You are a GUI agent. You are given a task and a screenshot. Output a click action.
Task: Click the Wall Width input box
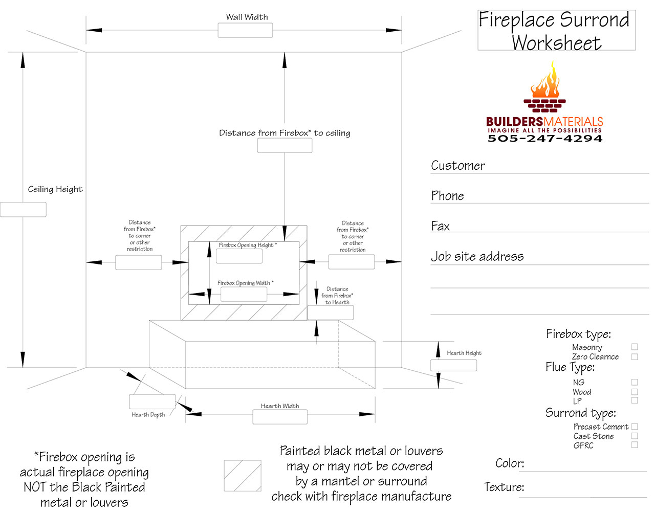(245, 30)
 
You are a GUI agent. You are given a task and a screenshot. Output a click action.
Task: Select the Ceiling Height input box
(23, 210)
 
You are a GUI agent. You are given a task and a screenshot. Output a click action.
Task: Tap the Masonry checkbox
(635, 347)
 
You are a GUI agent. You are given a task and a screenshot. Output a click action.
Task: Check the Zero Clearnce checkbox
(635, 356)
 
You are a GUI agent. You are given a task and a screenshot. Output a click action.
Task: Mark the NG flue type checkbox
(635, 382)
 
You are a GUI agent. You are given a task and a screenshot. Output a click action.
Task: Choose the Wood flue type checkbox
(635, 392)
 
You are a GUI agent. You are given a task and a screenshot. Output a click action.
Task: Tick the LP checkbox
(635, 400)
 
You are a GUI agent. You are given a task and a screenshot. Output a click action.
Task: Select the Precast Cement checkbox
(635, 427)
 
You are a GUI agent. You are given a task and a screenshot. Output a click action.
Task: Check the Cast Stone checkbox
(635, 436)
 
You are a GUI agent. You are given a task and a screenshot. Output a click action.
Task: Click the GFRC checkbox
(635, 445)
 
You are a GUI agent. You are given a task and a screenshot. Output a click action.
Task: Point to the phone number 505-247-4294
(544, 139)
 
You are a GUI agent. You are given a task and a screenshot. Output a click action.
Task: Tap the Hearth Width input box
(280, 417)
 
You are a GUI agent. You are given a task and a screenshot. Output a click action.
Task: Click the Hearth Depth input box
(152, 401)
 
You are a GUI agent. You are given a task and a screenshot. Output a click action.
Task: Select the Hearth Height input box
(453, 365)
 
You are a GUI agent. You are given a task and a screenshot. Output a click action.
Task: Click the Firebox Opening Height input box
(239, 256)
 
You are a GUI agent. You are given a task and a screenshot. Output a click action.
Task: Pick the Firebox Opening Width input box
(244, 294)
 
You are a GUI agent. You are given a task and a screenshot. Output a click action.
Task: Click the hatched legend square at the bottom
(243, 476)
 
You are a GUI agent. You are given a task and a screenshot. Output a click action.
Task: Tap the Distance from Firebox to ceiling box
(285, 145)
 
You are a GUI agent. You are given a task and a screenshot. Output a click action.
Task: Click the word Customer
(458, 166)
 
